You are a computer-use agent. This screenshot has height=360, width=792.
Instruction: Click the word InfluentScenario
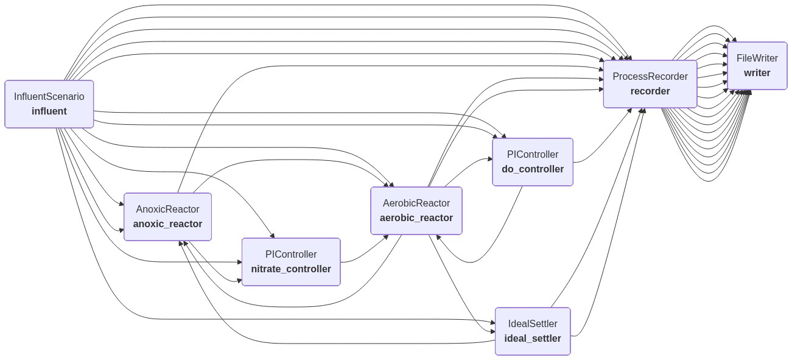click(x=49, y=96)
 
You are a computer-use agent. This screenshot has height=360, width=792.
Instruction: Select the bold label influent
click(x=49, y=111)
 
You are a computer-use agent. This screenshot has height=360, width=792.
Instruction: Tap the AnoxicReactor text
click(x=167, y=209)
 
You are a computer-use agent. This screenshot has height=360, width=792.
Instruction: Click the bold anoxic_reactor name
click(x=167, y=224)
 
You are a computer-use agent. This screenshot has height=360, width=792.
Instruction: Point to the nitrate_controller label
click(x=291, y=269)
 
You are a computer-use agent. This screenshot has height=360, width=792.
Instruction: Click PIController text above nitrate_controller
click(x=291, y=254)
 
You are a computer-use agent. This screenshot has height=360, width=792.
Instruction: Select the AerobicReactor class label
click(x=416, y=203)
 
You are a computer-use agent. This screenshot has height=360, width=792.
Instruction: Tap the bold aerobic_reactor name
click(x=416, y=218)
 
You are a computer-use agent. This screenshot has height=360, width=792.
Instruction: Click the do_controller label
click(x=533, y=169)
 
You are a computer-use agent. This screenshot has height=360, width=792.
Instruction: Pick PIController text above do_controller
click(x=533, y=154)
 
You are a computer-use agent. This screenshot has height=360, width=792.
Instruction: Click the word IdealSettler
click(x=533, y=323)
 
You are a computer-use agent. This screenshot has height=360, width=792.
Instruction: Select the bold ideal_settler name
click(x=533, y=339)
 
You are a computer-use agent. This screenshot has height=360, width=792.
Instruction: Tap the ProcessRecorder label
click(x=650, y=76)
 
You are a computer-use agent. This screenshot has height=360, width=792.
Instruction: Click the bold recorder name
click(x=650, y=91)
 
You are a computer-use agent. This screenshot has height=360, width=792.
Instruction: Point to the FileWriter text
click(x=757, y=58)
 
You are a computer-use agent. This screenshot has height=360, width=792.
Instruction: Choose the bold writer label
click(x=757, y=73)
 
